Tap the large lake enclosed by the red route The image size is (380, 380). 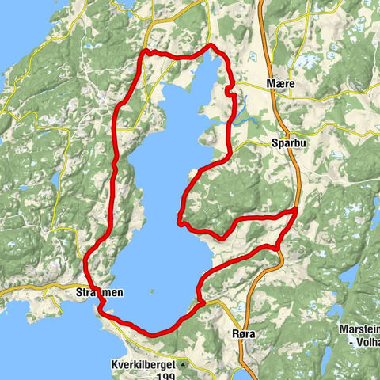(158, 198)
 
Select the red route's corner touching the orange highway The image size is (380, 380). (295, 211)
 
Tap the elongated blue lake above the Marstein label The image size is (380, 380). (348, 277)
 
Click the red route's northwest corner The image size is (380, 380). (144, 52)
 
